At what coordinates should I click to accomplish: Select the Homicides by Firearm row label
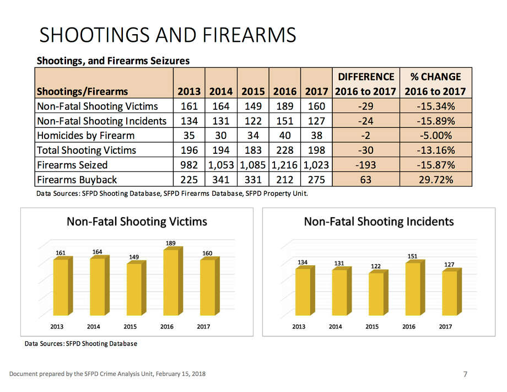click(x=85, y=135)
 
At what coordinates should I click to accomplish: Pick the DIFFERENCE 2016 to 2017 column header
click(x=365, y=84)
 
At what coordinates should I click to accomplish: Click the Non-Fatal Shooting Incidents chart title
click(x=379, y=222)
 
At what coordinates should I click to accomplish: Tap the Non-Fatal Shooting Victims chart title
click(x=137, y=222)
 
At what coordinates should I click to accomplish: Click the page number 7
click(x=465, y=375)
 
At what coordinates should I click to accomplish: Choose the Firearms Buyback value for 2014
click(x=220, y=180)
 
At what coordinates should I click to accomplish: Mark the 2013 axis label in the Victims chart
click(x=57, y=326)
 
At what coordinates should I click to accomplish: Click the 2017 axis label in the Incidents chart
click(x=445, y=326)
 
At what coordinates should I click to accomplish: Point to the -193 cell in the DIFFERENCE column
click(x=365, y=165)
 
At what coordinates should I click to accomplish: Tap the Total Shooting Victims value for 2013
click(x=189, y=150)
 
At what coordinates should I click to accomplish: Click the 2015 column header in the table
click(x=252, y=92)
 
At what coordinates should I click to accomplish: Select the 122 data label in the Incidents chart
click(x=375, y=266)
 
